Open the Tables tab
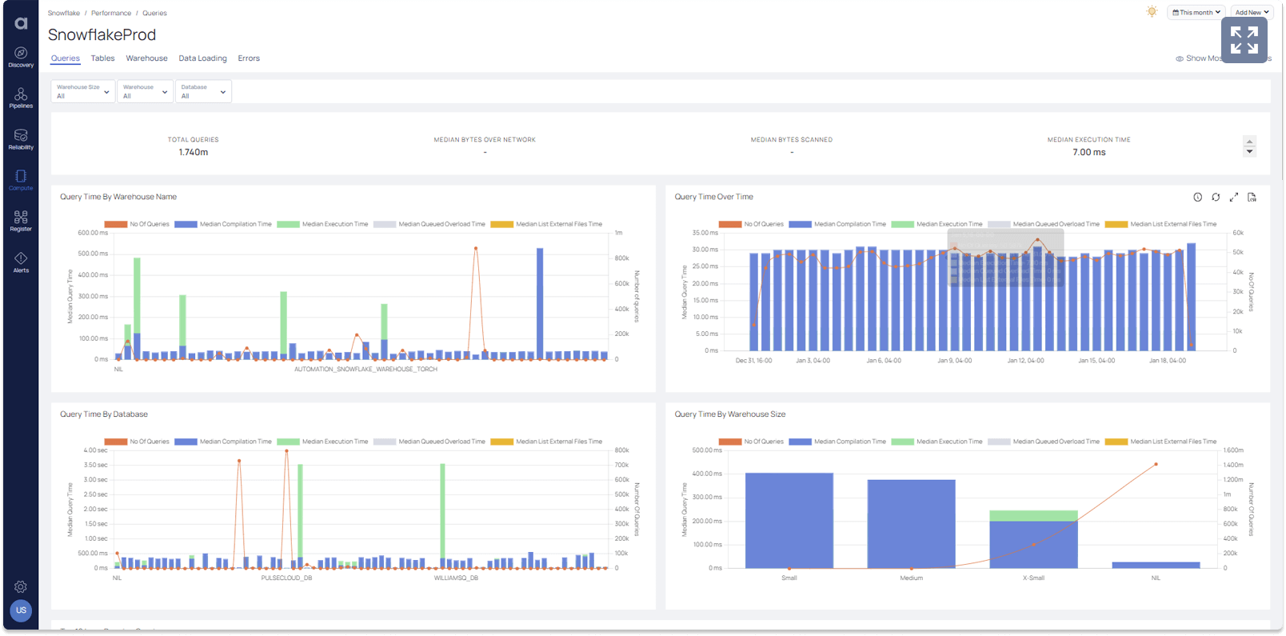pyautogui.click(x=102, y=58)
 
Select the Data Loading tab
pyautogui.click(x=202, y=58)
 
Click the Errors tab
pyautogui.click(x=249, y=58)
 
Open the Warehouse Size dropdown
pyautogui.click(x=83, y=91)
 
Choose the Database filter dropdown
pyautogui.click(x=203, y=91)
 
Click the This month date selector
pyautogui.click(x=1196, y=13)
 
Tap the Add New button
pyautogui.click(x=1252, y=13)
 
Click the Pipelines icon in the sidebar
pyautogui.click(x=21, y=98)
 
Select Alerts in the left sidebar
pyautogui.click(x=21, y=262)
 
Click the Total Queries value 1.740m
pyautogui.click(x=194, y=152)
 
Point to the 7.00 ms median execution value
pyautogui.click(x=1088, y=152)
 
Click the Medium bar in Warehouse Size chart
pyautogui.click(x=911, y=524)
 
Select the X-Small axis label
pyautogui.click(x=1033, y=578)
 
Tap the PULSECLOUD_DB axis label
pyautogui.click(x=286, y=578)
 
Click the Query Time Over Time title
pyautogui.click(x=713, y=197)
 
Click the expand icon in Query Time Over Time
pyautogui.click(x=1233, y=197)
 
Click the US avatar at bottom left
pyautogui.click(x=21, y=610)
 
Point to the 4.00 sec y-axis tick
pyautogui.click(x=95, y=450)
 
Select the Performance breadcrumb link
pyautogui.click(x=111, y=14)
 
